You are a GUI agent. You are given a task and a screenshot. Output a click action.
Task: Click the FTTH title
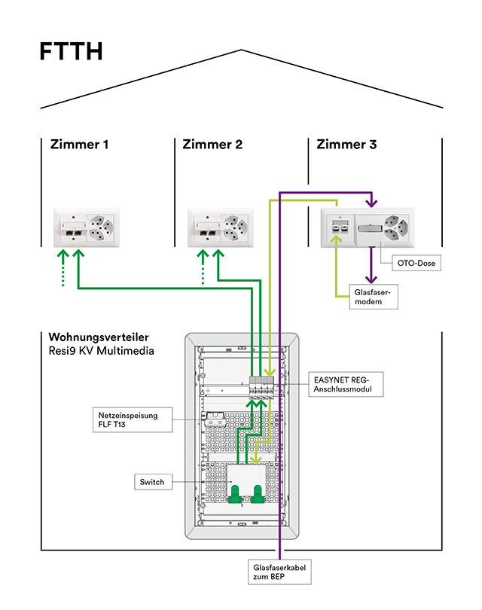[x=71, y=51]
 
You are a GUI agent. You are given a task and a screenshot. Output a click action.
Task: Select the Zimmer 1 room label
[x=79, y=144]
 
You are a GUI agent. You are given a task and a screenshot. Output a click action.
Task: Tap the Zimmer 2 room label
[x=212, y=144]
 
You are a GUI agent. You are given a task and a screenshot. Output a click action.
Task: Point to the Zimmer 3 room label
[x=346, y=144]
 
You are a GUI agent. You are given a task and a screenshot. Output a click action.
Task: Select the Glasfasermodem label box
[x=374, y=296]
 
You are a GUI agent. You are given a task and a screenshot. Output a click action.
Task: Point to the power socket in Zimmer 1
[x=102, y=227]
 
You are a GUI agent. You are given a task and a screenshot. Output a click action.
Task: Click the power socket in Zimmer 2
[x=236, y=227]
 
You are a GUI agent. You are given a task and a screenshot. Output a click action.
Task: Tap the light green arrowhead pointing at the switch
[x=255, y=459]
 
